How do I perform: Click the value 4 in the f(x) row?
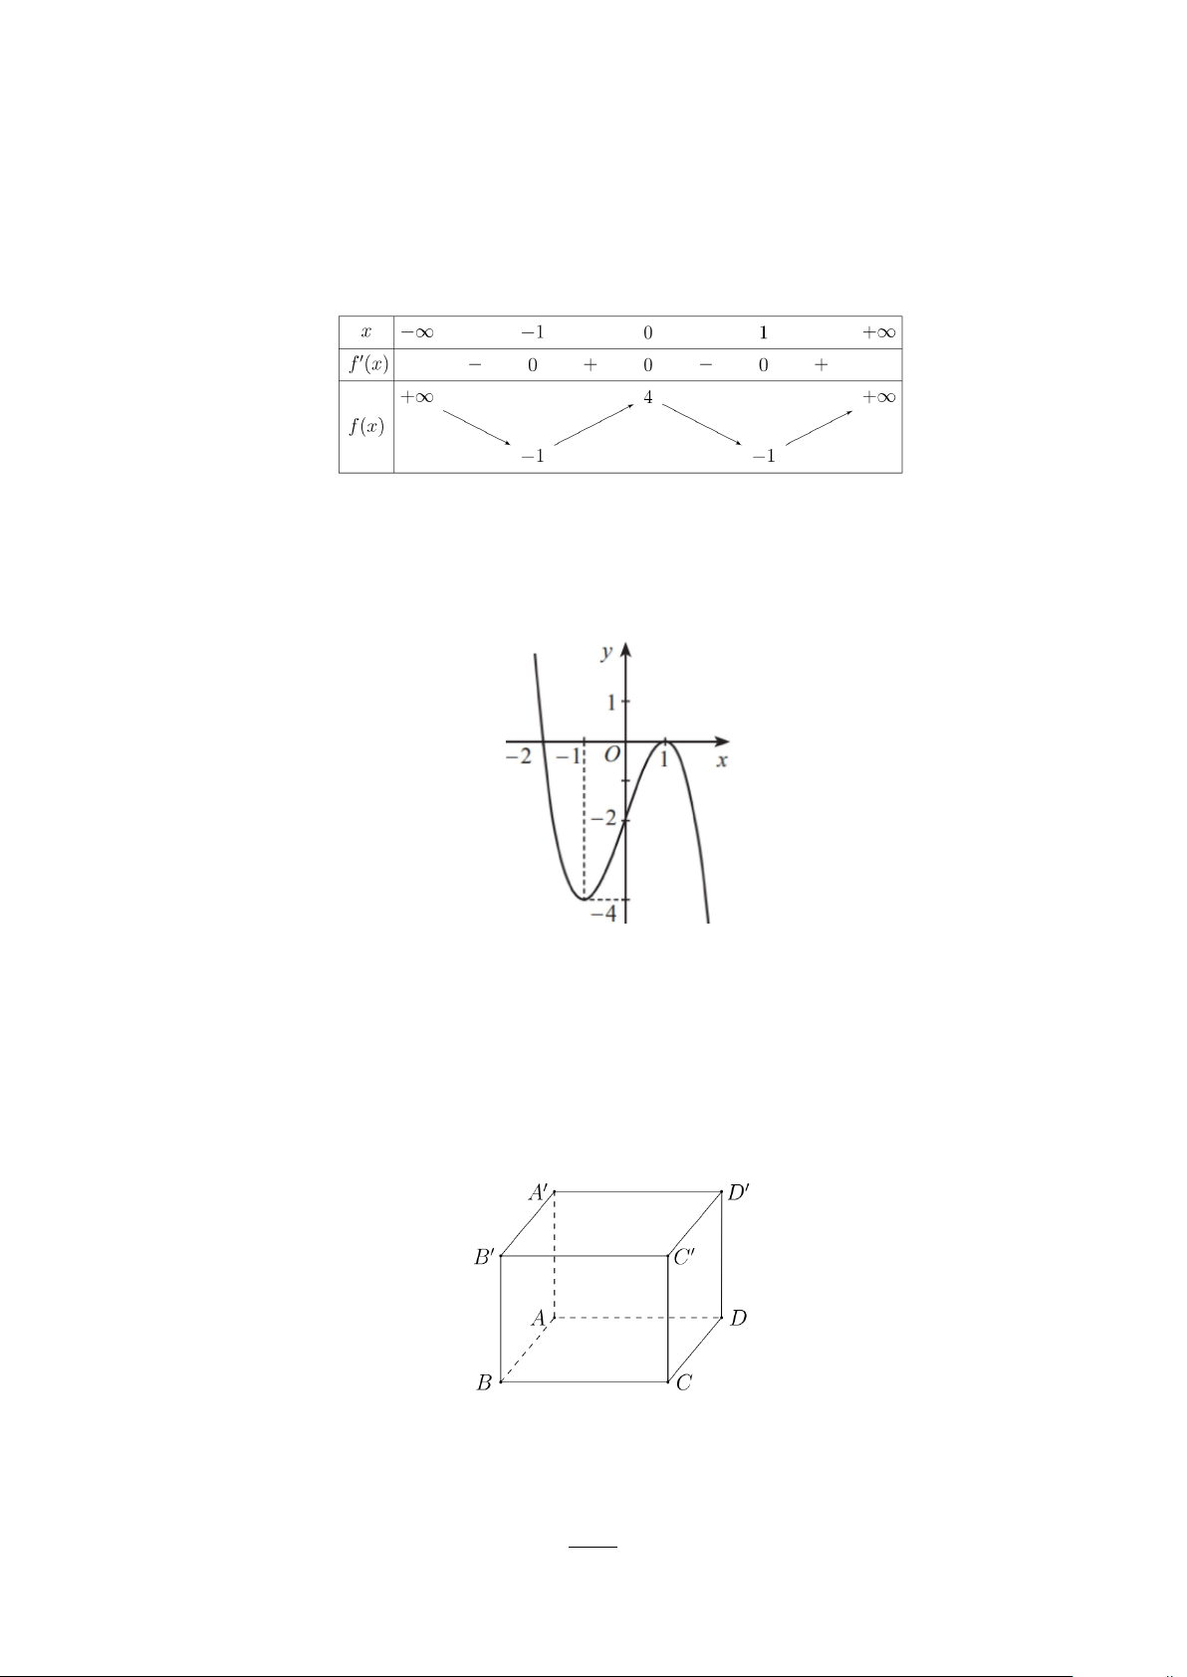point(648,397)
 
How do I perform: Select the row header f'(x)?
point(368,364)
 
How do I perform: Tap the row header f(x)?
point(367,427)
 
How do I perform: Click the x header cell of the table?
point(366,332)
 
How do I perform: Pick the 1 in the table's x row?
point(763,332)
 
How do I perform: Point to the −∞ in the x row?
point(417,332)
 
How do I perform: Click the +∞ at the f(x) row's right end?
point(879,397)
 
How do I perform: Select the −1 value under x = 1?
point(764,456)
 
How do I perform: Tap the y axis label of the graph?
point(606,652)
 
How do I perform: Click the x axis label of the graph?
point(722,761)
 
